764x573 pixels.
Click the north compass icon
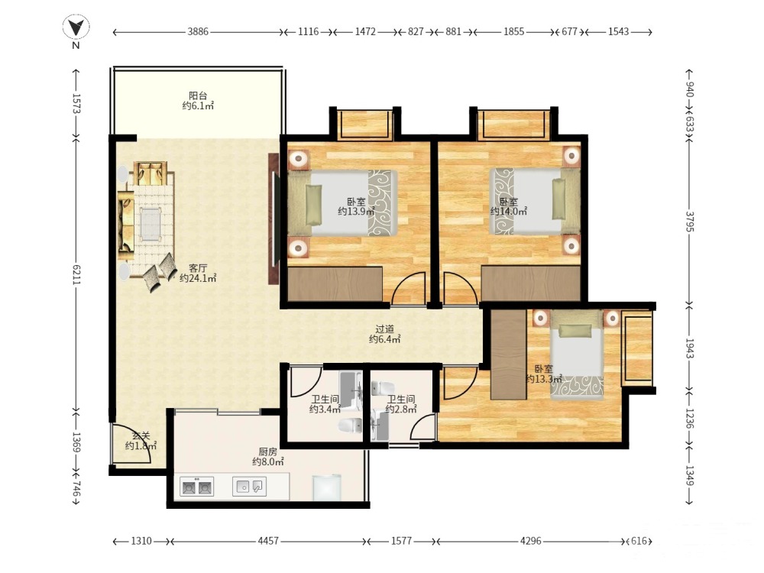(76, 28)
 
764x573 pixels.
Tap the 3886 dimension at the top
(198, 31)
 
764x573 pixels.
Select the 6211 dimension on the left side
(76, 275)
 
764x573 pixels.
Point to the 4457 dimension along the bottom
(268, 541)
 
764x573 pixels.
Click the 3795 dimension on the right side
(689, 222)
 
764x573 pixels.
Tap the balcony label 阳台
(198, 95)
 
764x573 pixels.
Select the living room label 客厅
(198, 268)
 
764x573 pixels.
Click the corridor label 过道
(385, 329)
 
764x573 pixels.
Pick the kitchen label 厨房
(268, 452)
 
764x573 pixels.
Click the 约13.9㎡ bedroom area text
(356, 212)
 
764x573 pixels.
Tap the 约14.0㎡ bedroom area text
(509, 212)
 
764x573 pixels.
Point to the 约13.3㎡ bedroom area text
(544, 379)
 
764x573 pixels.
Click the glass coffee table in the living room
(150, 224)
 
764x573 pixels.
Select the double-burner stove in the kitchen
(197, 486)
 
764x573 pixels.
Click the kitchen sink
(249, 486)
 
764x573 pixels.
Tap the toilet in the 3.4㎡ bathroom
(349, 426)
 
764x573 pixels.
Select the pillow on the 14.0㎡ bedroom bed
(558, 199)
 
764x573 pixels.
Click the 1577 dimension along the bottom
(401, 541)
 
